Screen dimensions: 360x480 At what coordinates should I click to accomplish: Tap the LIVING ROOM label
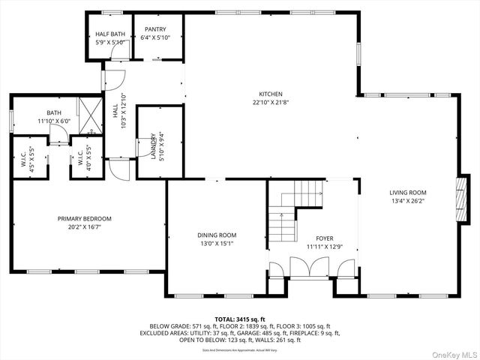pos(407,193)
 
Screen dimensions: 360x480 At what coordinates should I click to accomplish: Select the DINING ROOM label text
pos(217,235)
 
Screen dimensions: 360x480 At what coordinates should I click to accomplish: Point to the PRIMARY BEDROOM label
pos(89,219)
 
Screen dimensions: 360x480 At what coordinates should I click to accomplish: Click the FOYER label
pos(324,238)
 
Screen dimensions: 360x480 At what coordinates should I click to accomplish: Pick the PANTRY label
pos(155,31)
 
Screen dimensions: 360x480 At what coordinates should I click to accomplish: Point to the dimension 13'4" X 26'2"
pos(407,200)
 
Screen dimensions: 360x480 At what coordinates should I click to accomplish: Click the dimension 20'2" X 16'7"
pos(89,226)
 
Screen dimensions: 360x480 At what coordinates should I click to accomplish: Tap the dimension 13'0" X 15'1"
pos(217,243)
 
